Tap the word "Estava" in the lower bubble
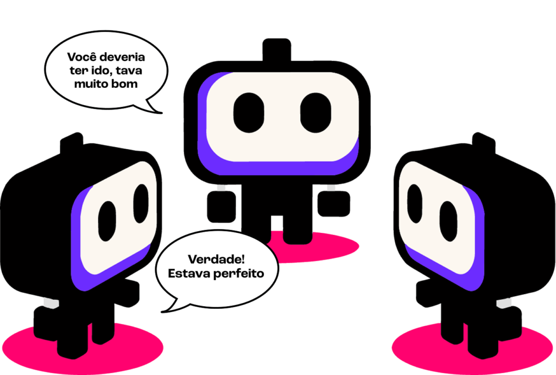point(187,274)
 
